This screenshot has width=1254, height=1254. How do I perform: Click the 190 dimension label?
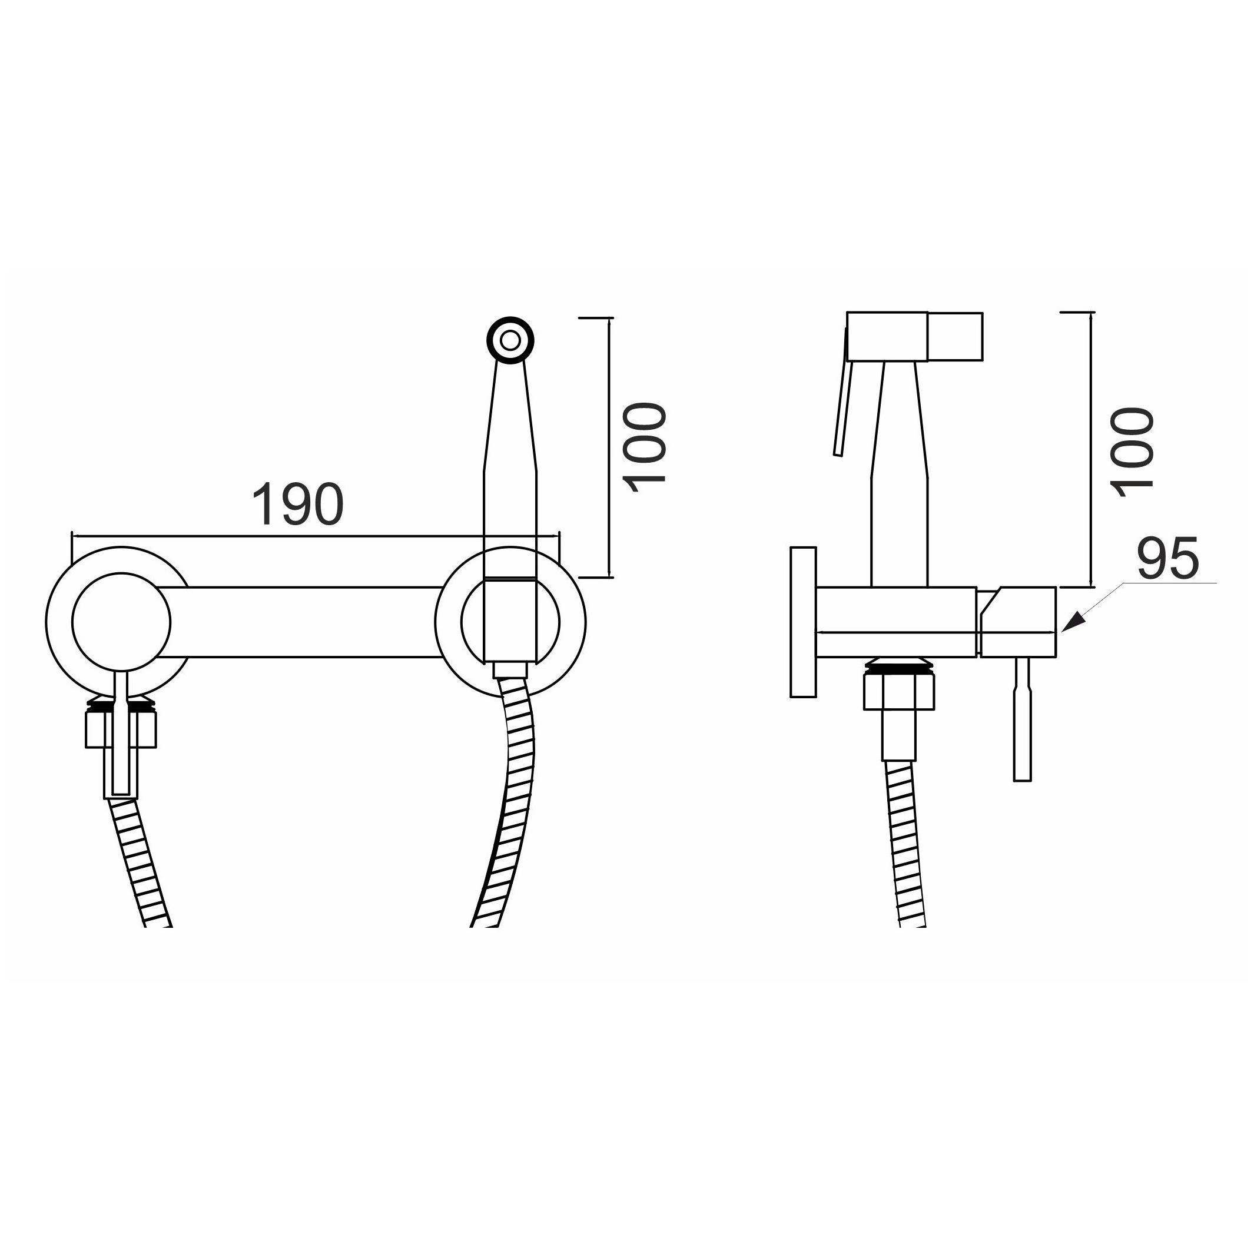[x=297, y=505]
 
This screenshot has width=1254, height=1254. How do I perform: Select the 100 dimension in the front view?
[x=644, y=447]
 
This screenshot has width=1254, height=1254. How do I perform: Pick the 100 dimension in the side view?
[x=1132, y=452]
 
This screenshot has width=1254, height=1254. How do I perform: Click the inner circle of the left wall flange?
[x=121, y=622]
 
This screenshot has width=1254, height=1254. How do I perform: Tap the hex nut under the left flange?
[x=121, y=729]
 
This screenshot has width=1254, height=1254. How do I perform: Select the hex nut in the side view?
[x=898, y=691]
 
